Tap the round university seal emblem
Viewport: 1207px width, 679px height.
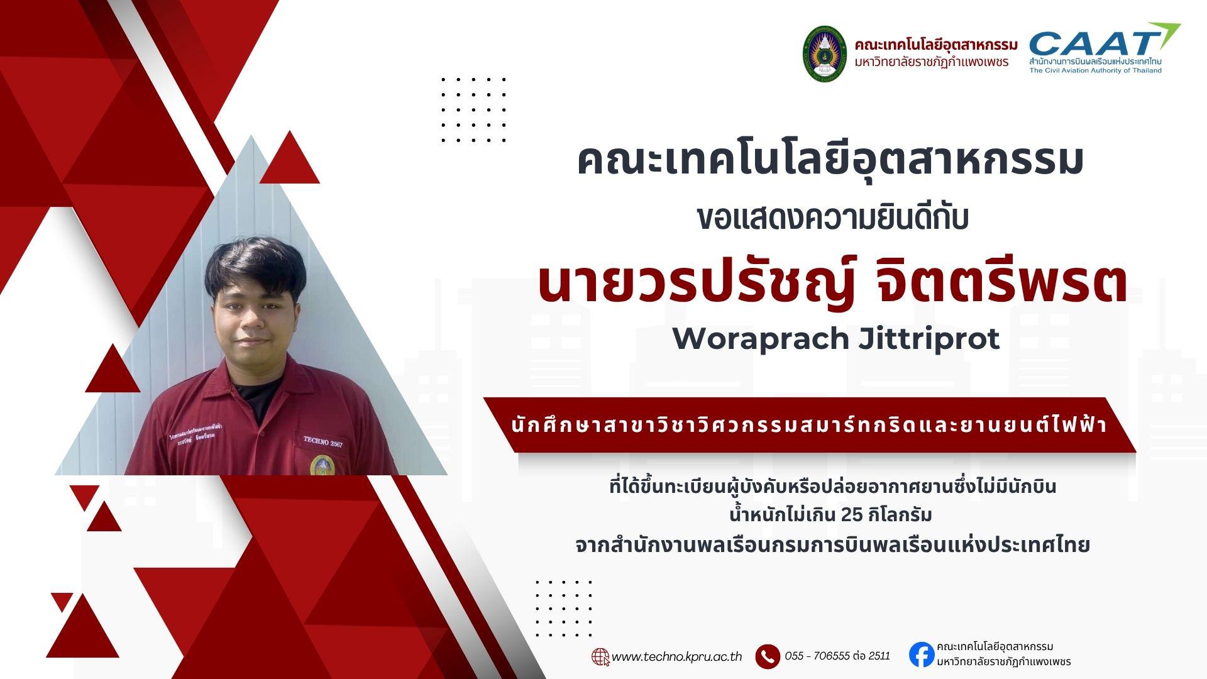[824, 54]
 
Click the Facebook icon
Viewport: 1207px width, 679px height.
[921, 654]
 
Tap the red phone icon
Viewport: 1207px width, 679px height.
[768, 656]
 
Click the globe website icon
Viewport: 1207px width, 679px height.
[600, 656]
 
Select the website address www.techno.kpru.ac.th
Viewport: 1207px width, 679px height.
[676, 657]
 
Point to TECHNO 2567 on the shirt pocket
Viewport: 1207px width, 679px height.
[323, 441]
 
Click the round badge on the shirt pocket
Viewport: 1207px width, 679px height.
[322, 465]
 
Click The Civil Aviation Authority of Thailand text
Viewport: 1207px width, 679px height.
[1095, 70]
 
